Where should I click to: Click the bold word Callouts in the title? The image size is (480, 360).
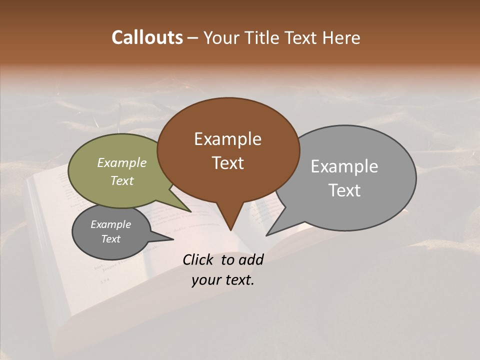pos(147,37)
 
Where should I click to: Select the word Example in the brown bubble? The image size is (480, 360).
pos(227,139)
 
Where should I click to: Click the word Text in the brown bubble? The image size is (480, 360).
pos(227,163)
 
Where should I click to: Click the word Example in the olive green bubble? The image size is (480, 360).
pos(122,162)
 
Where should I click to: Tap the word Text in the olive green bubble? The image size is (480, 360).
pos(122,180)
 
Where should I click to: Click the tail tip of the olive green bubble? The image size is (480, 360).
pos(190,211)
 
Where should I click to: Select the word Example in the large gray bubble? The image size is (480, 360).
pos(344,166)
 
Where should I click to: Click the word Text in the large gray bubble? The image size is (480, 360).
pos(344,190)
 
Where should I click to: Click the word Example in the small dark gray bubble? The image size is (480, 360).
pos(110,224)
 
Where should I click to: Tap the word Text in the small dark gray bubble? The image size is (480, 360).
pos(110,239)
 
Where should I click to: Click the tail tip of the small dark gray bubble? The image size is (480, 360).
pos(173,239)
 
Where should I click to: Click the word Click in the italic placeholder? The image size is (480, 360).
pos(199,259)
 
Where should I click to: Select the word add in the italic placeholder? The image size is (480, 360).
pos(251,259)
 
